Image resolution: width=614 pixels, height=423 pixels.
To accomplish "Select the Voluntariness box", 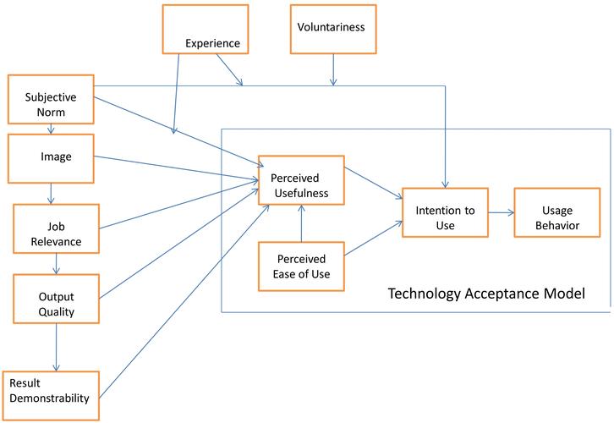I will tap(332, 29).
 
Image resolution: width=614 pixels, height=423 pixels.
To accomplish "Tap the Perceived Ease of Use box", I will tap(300, 266).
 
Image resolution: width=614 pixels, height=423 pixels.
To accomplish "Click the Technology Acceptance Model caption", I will tap(486, 294).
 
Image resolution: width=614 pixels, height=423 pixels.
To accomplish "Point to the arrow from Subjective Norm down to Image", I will tap(51, 129).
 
